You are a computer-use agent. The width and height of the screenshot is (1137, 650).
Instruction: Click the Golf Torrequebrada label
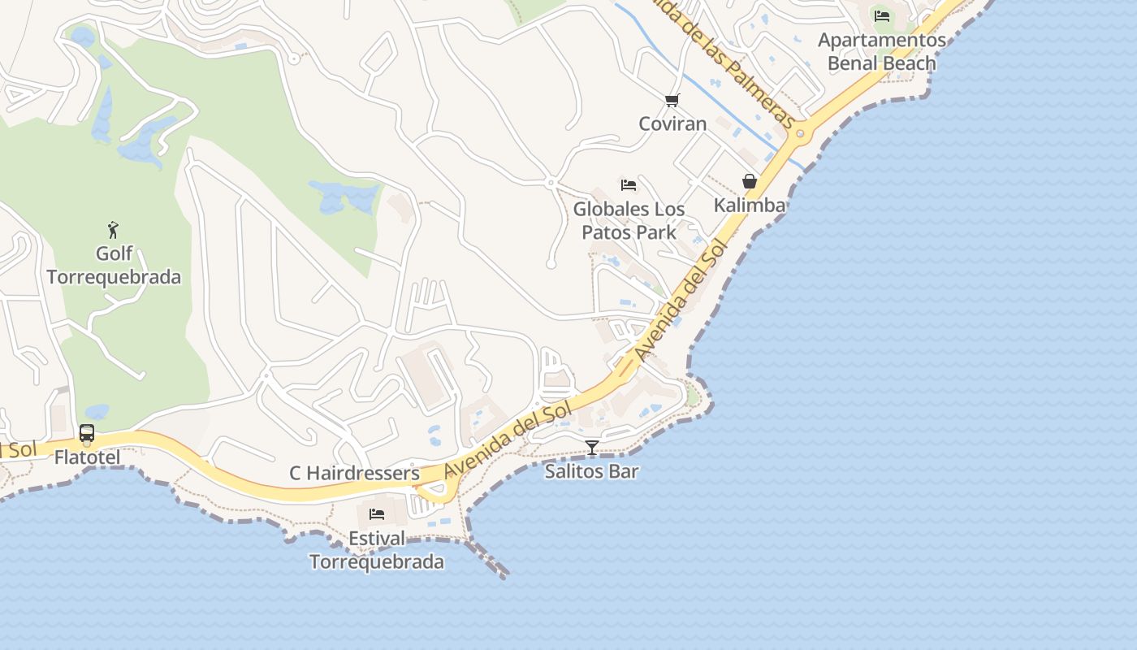tap(114, 266)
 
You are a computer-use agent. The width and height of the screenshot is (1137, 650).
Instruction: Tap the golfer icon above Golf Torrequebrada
tap(113, 230)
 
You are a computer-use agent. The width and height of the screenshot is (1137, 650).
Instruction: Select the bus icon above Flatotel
tap(87, 433)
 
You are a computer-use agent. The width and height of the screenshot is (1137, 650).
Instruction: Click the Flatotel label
tap(87, 457)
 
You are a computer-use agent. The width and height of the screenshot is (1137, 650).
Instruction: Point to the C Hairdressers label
tap(354, 473)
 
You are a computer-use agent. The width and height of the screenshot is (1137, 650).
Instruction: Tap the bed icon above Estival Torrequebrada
tap(377, 513)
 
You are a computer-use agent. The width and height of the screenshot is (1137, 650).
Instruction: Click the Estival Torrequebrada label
tap(377, 550)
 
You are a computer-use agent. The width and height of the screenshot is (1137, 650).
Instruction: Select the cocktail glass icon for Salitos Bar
tap(592, 447)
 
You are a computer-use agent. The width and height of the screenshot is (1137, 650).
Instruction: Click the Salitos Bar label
tap(592, 471)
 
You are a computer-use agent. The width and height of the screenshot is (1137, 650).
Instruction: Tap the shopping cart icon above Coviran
tap(672, 100)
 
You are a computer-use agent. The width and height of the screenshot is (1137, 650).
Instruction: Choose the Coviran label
tap(672, 123)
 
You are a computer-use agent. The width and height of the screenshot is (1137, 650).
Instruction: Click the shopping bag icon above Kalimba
tap(750, 180)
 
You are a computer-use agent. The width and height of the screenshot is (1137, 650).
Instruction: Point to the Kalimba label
tap(750, 205)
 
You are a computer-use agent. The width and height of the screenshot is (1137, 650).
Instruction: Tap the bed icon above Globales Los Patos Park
tap(629, 184)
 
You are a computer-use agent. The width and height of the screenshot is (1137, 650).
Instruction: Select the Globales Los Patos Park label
tap(629, 220)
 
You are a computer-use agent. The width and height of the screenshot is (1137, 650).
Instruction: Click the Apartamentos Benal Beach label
tap(882, 51)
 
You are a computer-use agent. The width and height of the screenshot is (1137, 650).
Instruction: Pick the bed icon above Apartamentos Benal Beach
tap(882, 15)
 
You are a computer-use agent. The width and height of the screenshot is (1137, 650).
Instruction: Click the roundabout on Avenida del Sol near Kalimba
tap(800, 133)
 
